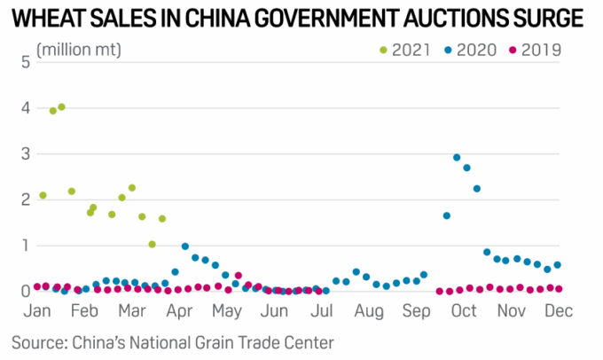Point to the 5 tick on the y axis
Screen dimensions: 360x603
coord(26,62)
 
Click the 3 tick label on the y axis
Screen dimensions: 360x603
coord(26,153)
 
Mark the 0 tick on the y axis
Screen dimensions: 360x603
coord(26,291)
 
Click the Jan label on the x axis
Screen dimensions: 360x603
coord(36,310)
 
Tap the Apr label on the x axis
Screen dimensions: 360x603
coord(180,310)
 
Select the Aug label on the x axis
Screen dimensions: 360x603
coord(368,310)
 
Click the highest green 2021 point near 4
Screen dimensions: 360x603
coord(61,107)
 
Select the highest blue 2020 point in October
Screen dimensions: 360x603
coord(457,158)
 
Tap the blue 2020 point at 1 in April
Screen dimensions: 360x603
coord(184,247)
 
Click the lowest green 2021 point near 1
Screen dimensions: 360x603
coord(152,244)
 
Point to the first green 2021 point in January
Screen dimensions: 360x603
coord(43,195)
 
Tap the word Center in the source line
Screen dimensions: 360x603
coord(308,341)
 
